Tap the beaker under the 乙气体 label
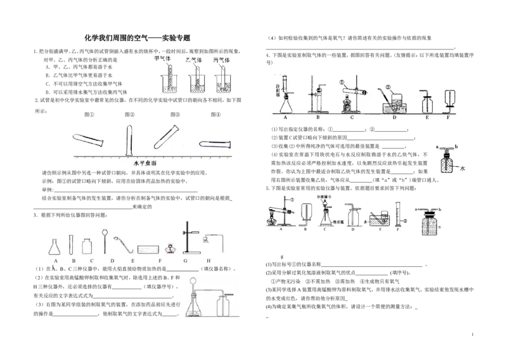[195, 84]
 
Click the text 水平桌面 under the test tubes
[145, 162]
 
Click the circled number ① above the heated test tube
[340, 82]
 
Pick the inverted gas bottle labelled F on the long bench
[450, 101]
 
